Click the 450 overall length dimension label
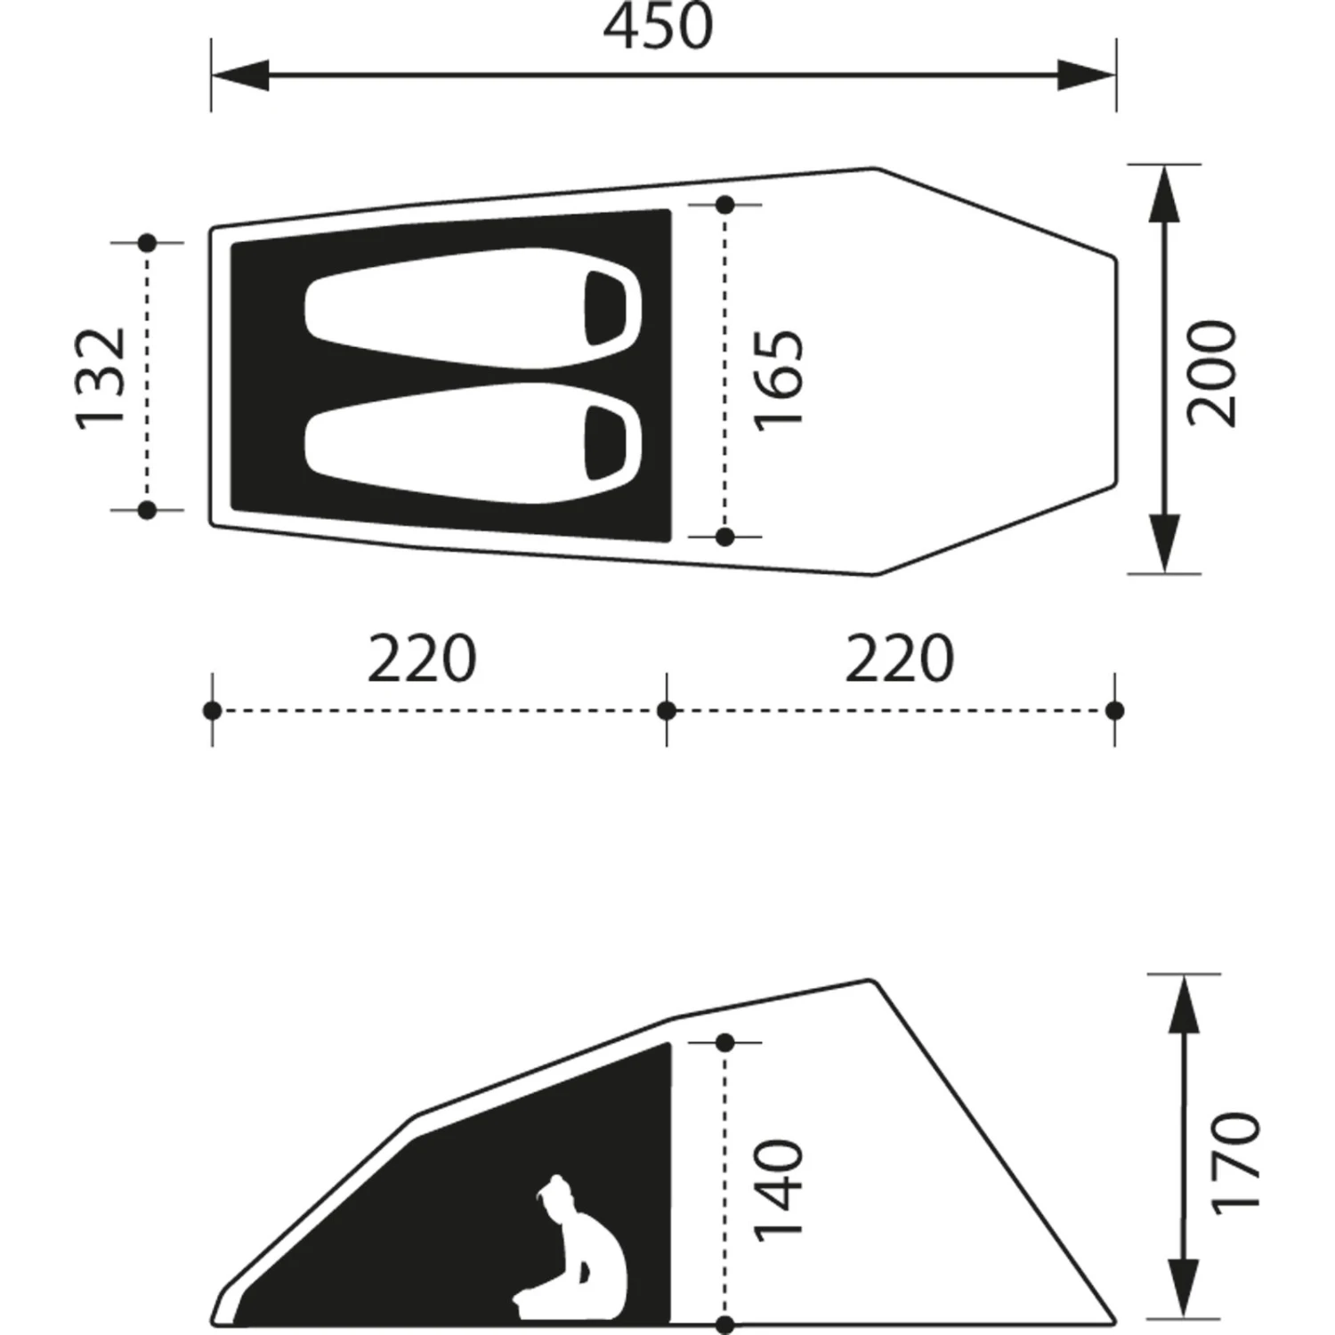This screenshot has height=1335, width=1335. (659, 28)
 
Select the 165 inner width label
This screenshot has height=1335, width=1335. (779, 380)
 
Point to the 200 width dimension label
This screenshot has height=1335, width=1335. (1213, 374)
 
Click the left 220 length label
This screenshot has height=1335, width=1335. (423, 659)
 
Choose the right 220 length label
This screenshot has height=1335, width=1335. (899, 659)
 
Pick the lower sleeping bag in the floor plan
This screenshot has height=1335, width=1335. (473, 443)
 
